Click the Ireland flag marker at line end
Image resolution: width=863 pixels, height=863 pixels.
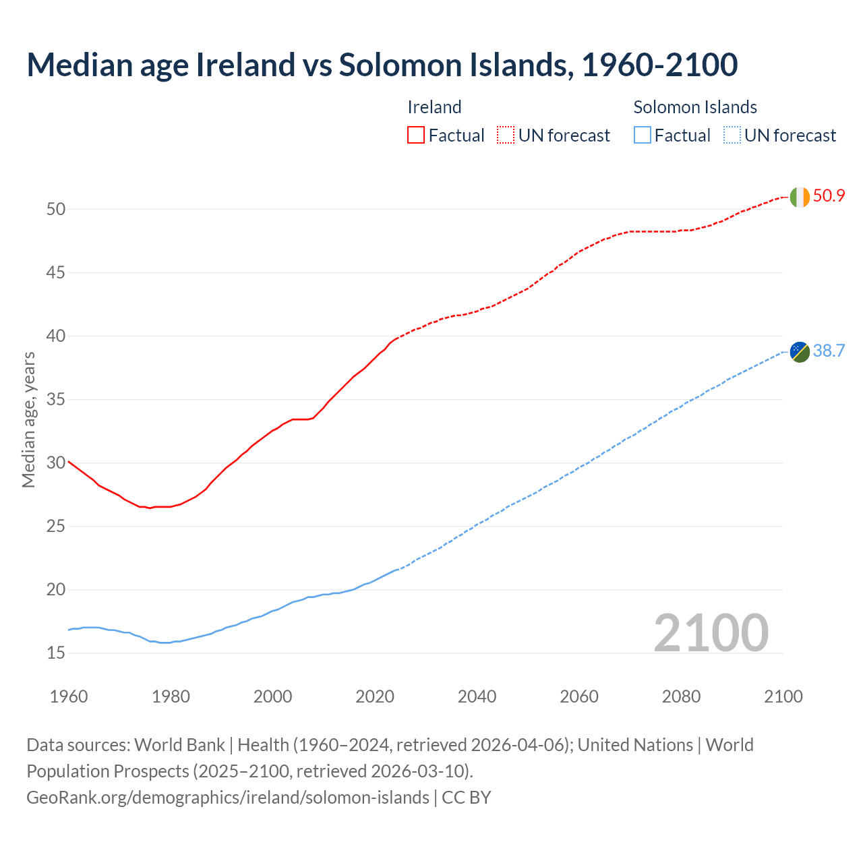point(800,197)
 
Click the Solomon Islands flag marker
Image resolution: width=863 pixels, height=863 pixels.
point(800,352)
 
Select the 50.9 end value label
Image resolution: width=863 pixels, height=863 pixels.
point(829,196)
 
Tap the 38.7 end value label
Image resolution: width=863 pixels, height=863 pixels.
point(829,351)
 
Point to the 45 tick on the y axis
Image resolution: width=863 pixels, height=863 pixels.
point(56,273)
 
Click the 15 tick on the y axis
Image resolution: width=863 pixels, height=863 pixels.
point(56,653)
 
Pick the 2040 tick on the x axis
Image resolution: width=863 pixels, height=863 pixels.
point(477,696)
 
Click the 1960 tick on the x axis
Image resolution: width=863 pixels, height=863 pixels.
point(69,696)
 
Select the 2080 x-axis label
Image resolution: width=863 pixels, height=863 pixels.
point(681,696)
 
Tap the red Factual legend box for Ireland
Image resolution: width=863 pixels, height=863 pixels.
point(416,136)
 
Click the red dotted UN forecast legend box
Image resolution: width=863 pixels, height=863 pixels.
point(506,136)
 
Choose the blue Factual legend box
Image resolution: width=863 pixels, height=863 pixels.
point(643,136)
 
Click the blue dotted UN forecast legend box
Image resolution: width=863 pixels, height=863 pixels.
point(732,136)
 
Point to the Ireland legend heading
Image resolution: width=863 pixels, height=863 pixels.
point(434,107)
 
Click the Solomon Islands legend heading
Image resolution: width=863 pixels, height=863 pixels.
point(695,107)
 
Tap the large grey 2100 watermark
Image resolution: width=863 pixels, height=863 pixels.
point(711,632)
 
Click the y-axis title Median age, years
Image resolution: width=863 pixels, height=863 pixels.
point(28,419)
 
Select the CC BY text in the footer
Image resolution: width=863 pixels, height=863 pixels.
point(467,797)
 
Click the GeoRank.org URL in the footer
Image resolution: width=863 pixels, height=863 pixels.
point(227,797)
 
